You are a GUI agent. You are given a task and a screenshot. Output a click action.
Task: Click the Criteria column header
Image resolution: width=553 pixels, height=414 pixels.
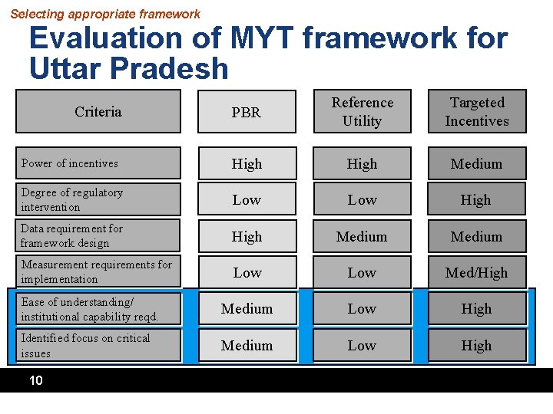click(x=98, y=112)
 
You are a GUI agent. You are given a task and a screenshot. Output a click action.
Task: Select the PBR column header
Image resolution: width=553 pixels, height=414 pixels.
click(x=247, y=113)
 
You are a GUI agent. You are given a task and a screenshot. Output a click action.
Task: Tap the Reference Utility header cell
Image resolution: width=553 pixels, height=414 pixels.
click(x=362, y=112)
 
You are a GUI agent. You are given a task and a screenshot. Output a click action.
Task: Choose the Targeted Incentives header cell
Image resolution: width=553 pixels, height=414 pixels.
click(x=476, y=112)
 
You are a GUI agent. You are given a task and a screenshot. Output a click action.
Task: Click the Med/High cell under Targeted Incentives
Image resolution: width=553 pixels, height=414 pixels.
click(x=476, y=272)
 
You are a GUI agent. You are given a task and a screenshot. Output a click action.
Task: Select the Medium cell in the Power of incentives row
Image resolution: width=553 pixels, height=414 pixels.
click(x=476, y=163)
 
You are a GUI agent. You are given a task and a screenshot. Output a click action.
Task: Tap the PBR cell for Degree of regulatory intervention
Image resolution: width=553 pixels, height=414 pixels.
click(x=247, y=199)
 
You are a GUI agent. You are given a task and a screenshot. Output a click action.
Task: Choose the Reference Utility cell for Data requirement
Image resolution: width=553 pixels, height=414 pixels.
click(x=362, y=236)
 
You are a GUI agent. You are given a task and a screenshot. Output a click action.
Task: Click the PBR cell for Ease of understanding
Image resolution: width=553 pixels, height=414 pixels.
click(x=247, y=309)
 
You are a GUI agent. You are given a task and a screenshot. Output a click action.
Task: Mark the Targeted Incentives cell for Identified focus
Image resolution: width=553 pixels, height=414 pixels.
click(x=476, y=345)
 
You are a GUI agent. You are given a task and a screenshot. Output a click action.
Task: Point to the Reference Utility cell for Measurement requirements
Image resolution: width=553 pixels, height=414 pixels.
click(x=362, y=272)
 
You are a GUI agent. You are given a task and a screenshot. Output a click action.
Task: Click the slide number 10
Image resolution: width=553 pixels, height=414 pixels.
click(x=35, y=380)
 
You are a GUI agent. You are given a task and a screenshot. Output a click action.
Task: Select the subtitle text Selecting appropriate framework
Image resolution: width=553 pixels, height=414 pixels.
click(x=105, y=14)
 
